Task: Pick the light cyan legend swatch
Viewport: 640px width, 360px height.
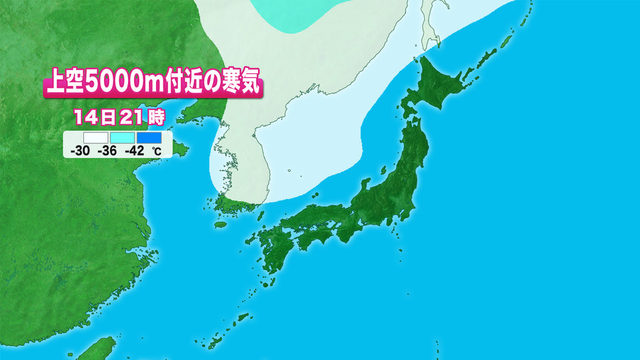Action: (x=121, y=138)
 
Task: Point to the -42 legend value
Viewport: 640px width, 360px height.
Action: (x=135, y=151)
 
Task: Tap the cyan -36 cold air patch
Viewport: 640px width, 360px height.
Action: (x=287, y=13)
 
